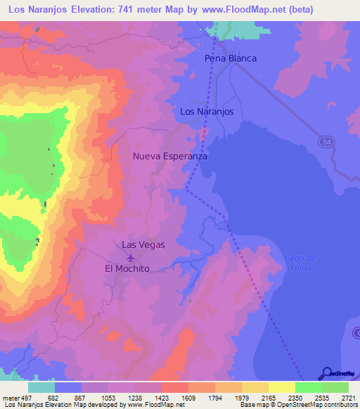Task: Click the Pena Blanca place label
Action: coord(230,58)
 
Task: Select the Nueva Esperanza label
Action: coord(170,157)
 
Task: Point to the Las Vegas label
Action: coord(143,245)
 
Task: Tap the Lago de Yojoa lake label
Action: coord(299,262)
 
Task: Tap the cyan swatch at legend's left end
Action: coord(41,387)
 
